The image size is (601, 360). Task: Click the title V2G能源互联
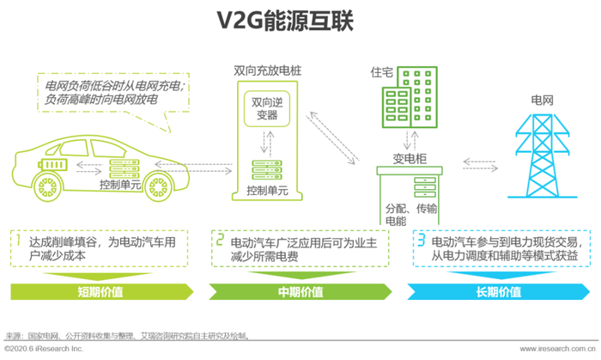[x=285, y=21]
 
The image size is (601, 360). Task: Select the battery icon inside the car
[x=52, y=164]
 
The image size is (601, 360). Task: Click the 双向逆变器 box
[x=267, y=109]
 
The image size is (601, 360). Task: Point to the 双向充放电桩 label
[x=268, y=71]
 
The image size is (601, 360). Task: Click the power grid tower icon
[x=543, y=156]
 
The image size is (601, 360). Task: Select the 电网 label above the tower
[x=542, y=101]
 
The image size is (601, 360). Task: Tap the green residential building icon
[x=410, y=97]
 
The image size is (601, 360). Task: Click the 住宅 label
[x=381, y=72]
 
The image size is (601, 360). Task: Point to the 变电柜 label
[x=410, y=158]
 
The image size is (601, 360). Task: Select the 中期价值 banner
[x=300, y=292]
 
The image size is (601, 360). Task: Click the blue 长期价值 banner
[x=498, y=292]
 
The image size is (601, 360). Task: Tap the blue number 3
[x=422, y=240]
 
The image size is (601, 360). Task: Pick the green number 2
[x=220, y=240]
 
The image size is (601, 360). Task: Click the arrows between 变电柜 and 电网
[x=480, y=165]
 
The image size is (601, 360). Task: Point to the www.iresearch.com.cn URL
[x=557, y=349]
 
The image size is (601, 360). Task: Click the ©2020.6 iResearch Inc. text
[x=44, y=349]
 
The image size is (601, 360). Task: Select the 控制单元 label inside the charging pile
[x=267, y=191]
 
